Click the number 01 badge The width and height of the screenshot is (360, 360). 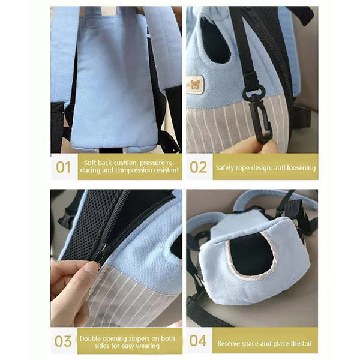coord(64,167)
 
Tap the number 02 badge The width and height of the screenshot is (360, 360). coord(198,167)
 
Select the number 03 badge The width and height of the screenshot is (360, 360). coord(64,341)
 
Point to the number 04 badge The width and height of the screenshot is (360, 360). coord(198,341)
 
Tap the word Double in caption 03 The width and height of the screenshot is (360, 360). coord(92,337)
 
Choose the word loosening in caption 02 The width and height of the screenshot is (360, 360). coord(299,168)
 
